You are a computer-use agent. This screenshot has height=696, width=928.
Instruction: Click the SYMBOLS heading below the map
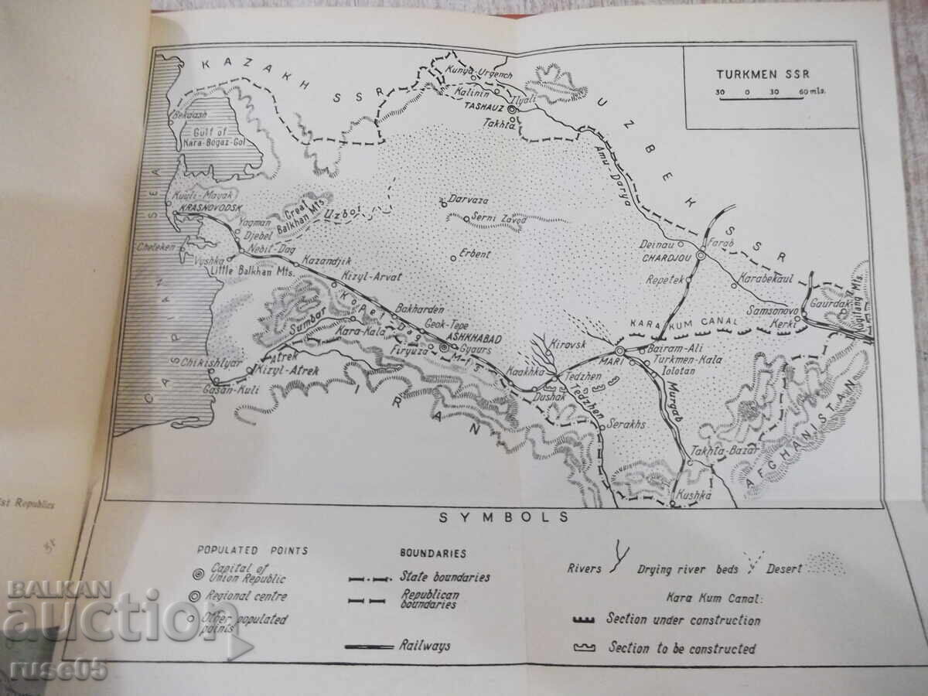click(x=504, y=518)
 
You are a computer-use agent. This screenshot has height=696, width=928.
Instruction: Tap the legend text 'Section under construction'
click(x=683, y=619)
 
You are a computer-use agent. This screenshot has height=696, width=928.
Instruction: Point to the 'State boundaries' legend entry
click(x=445, y=576)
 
